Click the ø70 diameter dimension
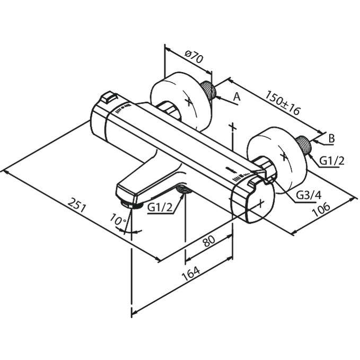pos(194,58)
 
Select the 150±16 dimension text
pos(284,103)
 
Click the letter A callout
pos(236,98)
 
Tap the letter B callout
pos(331,139)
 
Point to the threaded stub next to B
pos(304,145)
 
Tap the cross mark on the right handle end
pos(260,204)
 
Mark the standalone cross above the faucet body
pos(232,127)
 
